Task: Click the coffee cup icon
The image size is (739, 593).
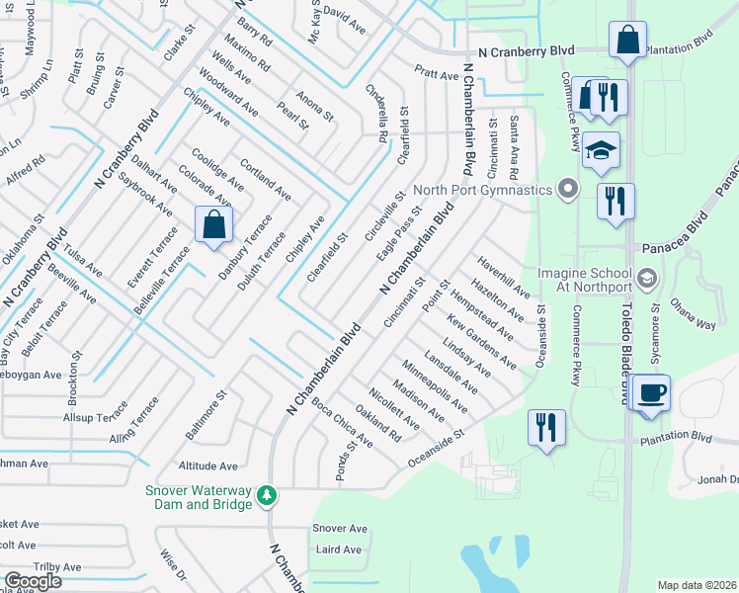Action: (650, 392)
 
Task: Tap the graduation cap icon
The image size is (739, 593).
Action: (601, 151)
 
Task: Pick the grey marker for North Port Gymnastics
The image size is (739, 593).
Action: (567, 187)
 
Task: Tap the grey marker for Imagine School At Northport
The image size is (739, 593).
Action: (646, 277)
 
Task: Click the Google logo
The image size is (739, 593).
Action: (33, 581)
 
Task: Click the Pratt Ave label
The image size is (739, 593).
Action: (436, 74)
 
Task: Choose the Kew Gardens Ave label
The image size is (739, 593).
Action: (481, 341)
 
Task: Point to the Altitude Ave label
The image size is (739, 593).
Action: (208, 466)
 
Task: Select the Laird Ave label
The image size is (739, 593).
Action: (340, 549)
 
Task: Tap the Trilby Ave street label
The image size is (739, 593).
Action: (57, 566)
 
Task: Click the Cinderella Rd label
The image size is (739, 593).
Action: (375, 111)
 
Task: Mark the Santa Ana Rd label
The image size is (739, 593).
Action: (514, 139)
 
